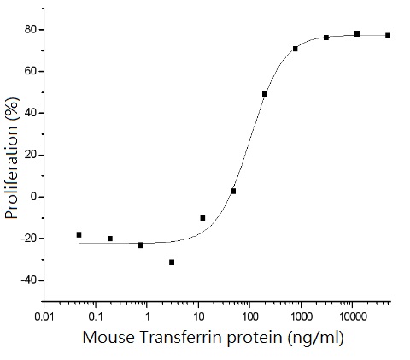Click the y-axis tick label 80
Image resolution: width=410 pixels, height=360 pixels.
coord(31,30)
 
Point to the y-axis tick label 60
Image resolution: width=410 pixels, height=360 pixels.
coord(31,72)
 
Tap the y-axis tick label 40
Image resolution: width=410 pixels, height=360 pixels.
coord(31,113)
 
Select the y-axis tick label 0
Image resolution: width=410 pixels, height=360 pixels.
coord(34,197)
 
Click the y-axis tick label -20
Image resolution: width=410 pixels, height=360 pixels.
coord(28,239)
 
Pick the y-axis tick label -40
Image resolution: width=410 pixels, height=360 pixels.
coord(28,280)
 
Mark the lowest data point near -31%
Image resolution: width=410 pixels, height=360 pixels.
coord(172,262)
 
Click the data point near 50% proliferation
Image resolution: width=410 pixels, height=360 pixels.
coord(265,93)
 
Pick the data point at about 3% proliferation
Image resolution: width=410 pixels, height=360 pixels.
coord(233,191)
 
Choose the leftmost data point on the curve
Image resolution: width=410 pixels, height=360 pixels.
coord(79,234)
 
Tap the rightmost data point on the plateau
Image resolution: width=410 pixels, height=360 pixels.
coord(388,35)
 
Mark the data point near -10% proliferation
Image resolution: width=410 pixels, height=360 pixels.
coord(202,218)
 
